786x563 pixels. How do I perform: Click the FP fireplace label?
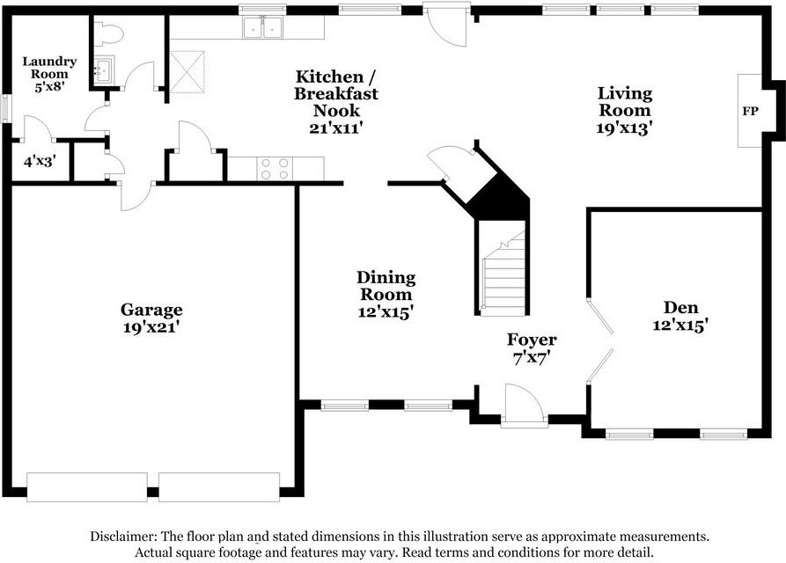750,111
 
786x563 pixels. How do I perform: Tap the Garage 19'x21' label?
151,318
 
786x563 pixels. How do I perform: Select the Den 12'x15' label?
680,316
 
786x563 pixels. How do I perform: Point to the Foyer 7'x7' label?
532,348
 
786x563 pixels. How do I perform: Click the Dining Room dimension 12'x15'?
386,311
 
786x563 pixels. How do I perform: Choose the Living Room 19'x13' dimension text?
625,128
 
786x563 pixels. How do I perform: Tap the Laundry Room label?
49,68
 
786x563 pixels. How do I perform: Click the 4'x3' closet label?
39,161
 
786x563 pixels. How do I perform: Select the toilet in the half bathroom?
108,33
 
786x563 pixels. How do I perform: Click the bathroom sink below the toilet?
104,69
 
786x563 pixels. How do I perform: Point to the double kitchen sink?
262,27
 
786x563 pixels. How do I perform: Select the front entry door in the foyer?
524,406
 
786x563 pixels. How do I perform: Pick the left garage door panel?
87,486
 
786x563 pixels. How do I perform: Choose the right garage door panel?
219,486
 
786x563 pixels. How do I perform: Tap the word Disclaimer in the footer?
123,537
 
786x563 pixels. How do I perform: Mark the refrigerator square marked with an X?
187,71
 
